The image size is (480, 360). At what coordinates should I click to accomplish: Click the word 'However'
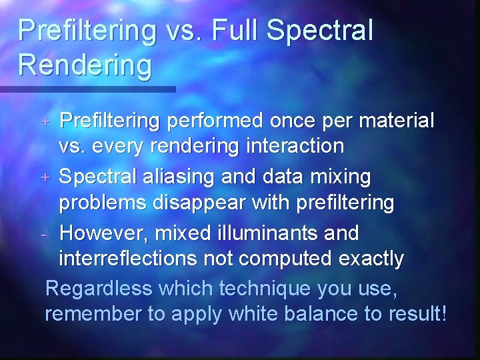103,234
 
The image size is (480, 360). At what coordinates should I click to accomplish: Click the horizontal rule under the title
87,89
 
